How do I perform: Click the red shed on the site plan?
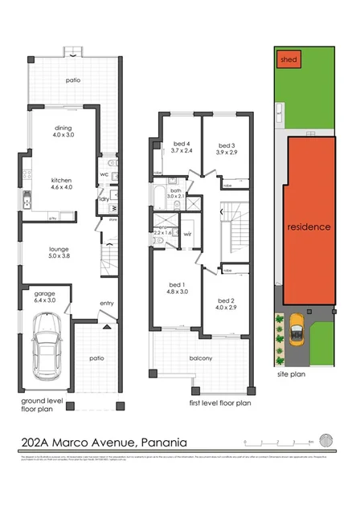point(287,59)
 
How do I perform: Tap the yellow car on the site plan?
point(295,327)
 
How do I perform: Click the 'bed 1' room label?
point(176,285)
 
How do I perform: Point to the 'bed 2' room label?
point(225,300)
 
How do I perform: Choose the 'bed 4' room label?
point(182,143)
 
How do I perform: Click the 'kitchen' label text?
point(62,181)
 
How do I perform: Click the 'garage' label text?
point(44,294)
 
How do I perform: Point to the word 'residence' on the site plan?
point(309,227)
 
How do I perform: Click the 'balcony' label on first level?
point(201,358)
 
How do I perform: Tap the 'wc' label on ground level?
point(104,174)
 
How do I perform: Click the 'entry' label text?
point(106,303)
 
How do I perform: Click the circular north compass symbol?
point(325,439)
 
